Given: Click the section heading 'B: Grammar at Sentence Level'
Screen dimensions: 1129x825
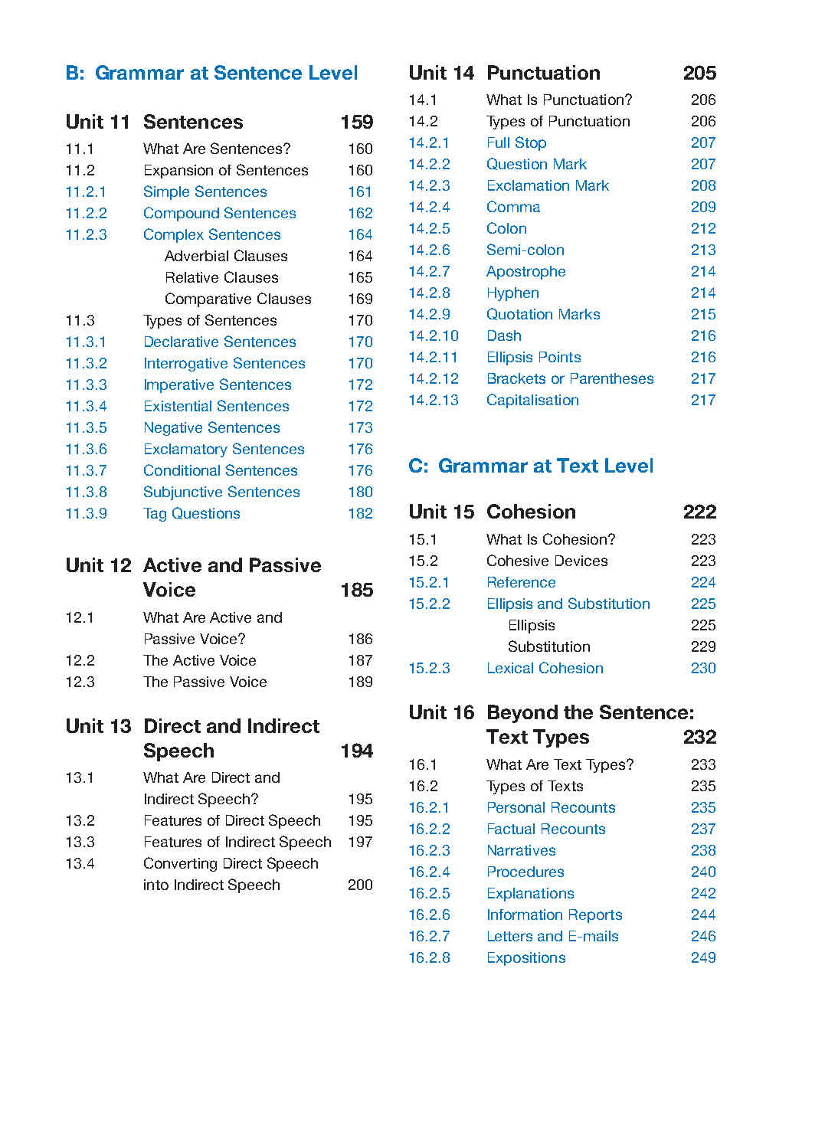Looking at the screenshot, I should click(211, 74).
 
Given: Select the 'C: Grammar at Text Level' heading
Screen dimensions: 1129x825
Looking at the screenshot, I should click(531, 466).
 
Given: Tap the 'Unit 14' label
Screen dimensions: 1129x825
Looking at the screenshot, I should click(441, 74).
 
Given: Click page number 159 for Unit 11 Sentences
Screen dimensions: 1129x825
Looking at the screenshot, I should click(356, 123).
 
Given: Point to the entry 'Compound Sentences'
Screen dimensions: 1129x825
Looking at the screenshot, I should click(219, 214).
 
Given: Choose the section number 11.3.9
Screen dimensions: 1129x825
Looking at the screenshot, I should click(86, 514).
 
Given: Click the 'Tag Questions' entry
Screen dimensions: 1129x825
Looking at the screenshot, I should click(192, 514).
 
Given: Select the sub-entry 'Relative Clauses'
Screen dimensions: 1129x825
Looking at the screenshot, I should click(221, 278).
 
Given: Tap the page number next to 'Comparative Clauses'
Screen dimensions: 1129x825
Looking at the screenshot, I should click(360, 299).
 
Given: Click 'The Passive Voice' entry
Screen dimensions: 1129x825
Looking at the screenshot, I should click(205, 682).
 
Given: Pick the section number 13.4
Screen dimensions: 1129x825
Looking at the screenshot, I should click(80, 864).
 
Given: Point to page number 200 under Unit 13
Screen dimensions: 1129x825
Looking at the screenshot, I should click(360, 885).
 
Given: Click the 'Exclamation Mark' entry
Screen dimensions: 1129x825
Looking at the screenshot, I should click(547, 186).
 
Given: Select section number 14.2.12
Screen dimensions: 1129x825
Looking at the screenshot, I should click(433, 379).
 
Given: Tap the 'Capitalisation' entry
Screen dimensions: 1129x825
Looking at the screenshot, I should click(532, 401).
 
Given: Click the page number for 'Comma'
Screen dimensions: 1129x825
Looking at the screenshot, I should click(702, 208).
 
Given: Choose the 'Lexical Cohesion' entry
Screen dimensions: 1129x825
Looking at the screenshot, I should click(545, 669).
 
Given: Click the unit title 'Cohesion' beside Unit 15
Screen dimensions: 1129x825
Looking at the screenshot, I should click(531, 512).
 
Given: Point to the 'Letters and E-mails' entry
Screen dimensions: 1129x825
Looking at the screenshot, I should click(552, 937).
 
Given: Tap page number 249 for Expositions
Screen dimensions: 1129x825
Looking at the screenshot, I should click(702, 958).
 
